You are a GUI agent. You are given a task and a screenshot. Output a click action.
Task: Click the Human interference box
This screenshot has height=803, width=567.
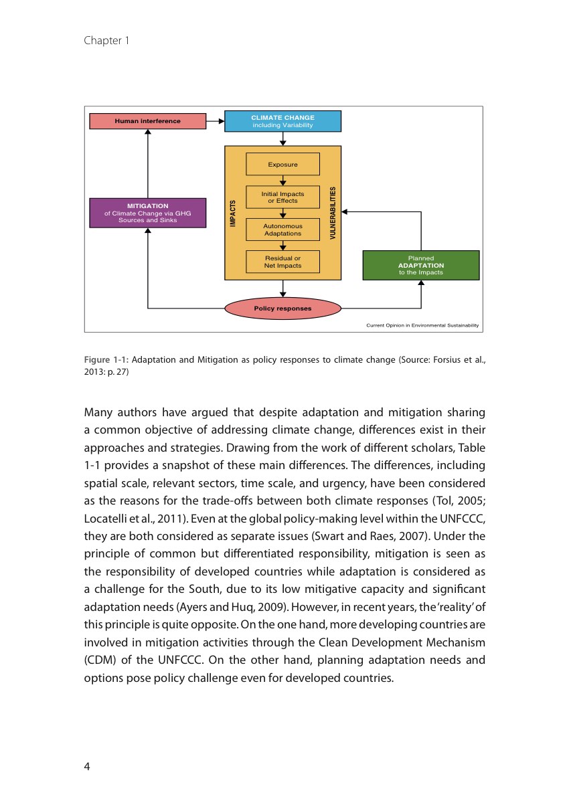(x=147, y=121)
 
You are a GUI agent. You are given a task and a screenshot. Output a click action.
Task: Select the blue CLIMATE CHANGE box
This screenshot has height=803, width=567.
(x=282, y=121)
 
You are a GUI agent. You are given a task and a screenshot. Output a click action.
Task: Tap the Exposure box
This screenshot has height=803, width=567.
(x=282, y=164)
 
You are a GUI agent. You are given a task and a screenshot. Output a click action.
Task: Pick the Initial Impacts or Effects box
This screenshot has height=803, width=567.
(x=282, y=197)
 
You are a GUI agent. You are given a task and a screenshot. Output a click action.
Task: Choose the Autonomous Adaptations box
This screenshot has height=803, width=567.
(x=282, y=230)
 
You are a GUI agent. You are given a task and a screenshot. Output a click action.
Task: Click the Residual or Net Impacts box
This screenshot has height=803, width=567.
(x=282, y=262)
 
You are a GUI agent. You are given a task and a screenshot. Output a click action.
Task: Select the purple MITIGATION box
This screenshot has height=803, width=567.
(x=147, y=213)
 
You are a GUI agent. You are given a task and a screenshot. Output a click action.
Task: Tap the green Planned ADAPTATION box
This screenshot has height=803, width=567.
(x=420, y=265)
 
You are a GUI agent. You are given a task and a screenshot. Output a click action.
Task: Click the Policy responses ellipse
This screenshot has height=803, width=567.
(x=282, y=308)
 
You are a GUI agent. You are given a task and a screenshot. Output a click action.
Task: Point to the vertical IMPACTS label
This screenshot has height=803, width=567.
(x=233, y=213)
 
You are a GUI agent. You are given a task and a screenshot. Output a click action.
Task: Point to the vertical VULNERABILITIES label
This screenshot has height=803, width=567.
(x=333, y=213)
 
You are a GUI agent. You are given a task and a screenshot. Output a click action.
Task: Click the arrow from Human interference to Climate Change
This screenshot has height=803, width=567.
(x=215, y=121)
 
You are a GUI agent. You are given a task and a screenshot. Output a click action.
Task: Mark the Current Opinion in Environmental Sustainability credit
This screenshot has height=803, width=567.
(x=422, y=326)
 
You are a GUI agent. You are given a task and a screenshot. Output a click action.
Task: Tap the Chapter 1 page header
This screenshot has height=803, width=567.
(x=106, y=41)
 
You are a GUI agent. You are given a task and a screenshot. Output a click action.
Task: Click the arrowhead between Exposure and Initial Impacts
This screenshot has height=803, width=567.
(x=283, y=182)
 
